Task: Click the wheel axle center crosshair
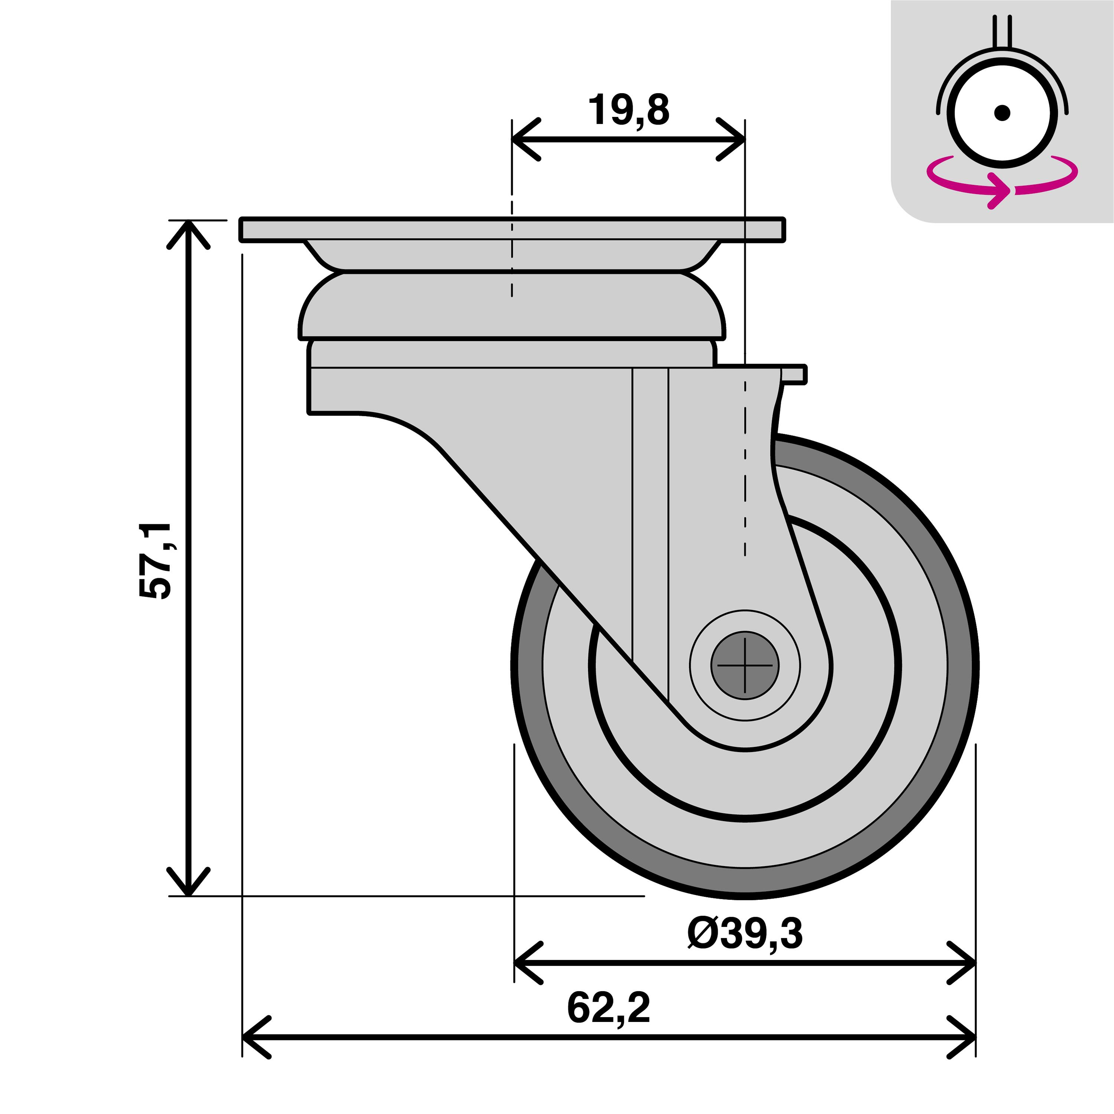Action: tap(745, 665)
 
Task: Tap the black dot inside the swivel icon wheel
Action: tap(1002, 113)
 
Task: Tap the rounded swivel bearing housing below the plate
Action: tap(511, 306)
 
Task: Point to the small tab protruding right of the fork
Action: tap(795, 374)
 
